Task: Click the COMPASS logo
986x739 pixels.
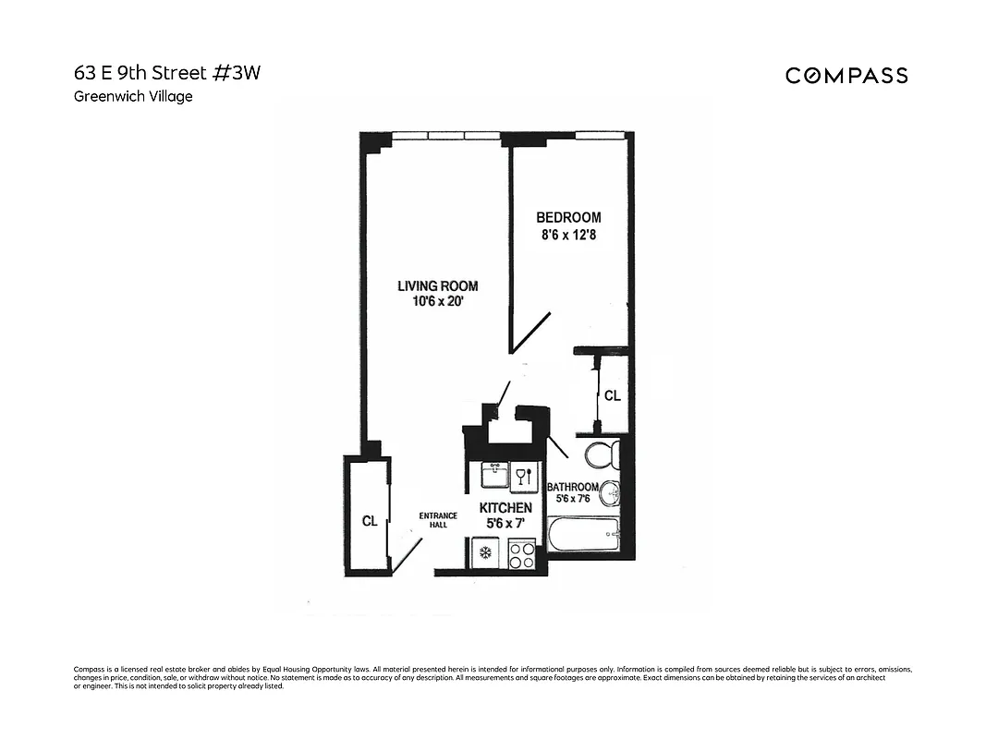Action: pyautogui.click(x=846, y=76)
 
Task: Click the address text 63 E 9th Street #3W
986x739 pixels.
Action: pyautogui.click(x=167, y=74)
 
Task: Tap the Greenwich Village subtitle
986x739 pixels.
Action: pyautogui.click(x=133, y=96)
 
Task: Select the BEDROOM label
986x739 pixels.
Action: pyautogui.click(x=568, y=218)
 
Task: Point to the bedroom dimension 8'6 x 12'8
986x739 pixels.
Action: pyautogui.click(x=568, y=236)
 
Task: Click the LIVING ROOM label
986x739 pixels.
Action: pyautogui.click(x=437, y=286)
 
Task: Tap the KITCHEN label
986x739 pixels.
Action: pyautogui.click(x=505, y=508)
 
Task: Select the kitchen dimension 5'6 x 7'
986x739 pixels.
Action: pyautogui.click(x=505, y=525)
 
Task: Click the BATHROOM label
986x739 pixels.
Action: pyautogui.click(x=573, y=487)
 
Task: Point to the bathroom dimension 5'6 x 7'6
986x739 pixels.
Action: pyautogui.click(x=574, y=500)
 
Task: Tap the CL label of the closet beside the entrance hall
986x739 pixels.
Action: pyautogui.click(x=370, y=521)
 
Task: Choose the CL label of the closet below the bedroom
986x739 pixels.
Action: pyautogui.click(x=612, y=395)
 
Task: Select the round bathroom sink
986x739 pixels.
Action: pyautogui.click(x=609, y=495)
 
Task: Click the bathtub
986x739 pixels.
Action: pyautogui.click(x=583, y=534)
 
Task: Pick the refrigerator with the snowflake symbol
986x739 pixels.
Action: pyautogui.click(x=482, y=555)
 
